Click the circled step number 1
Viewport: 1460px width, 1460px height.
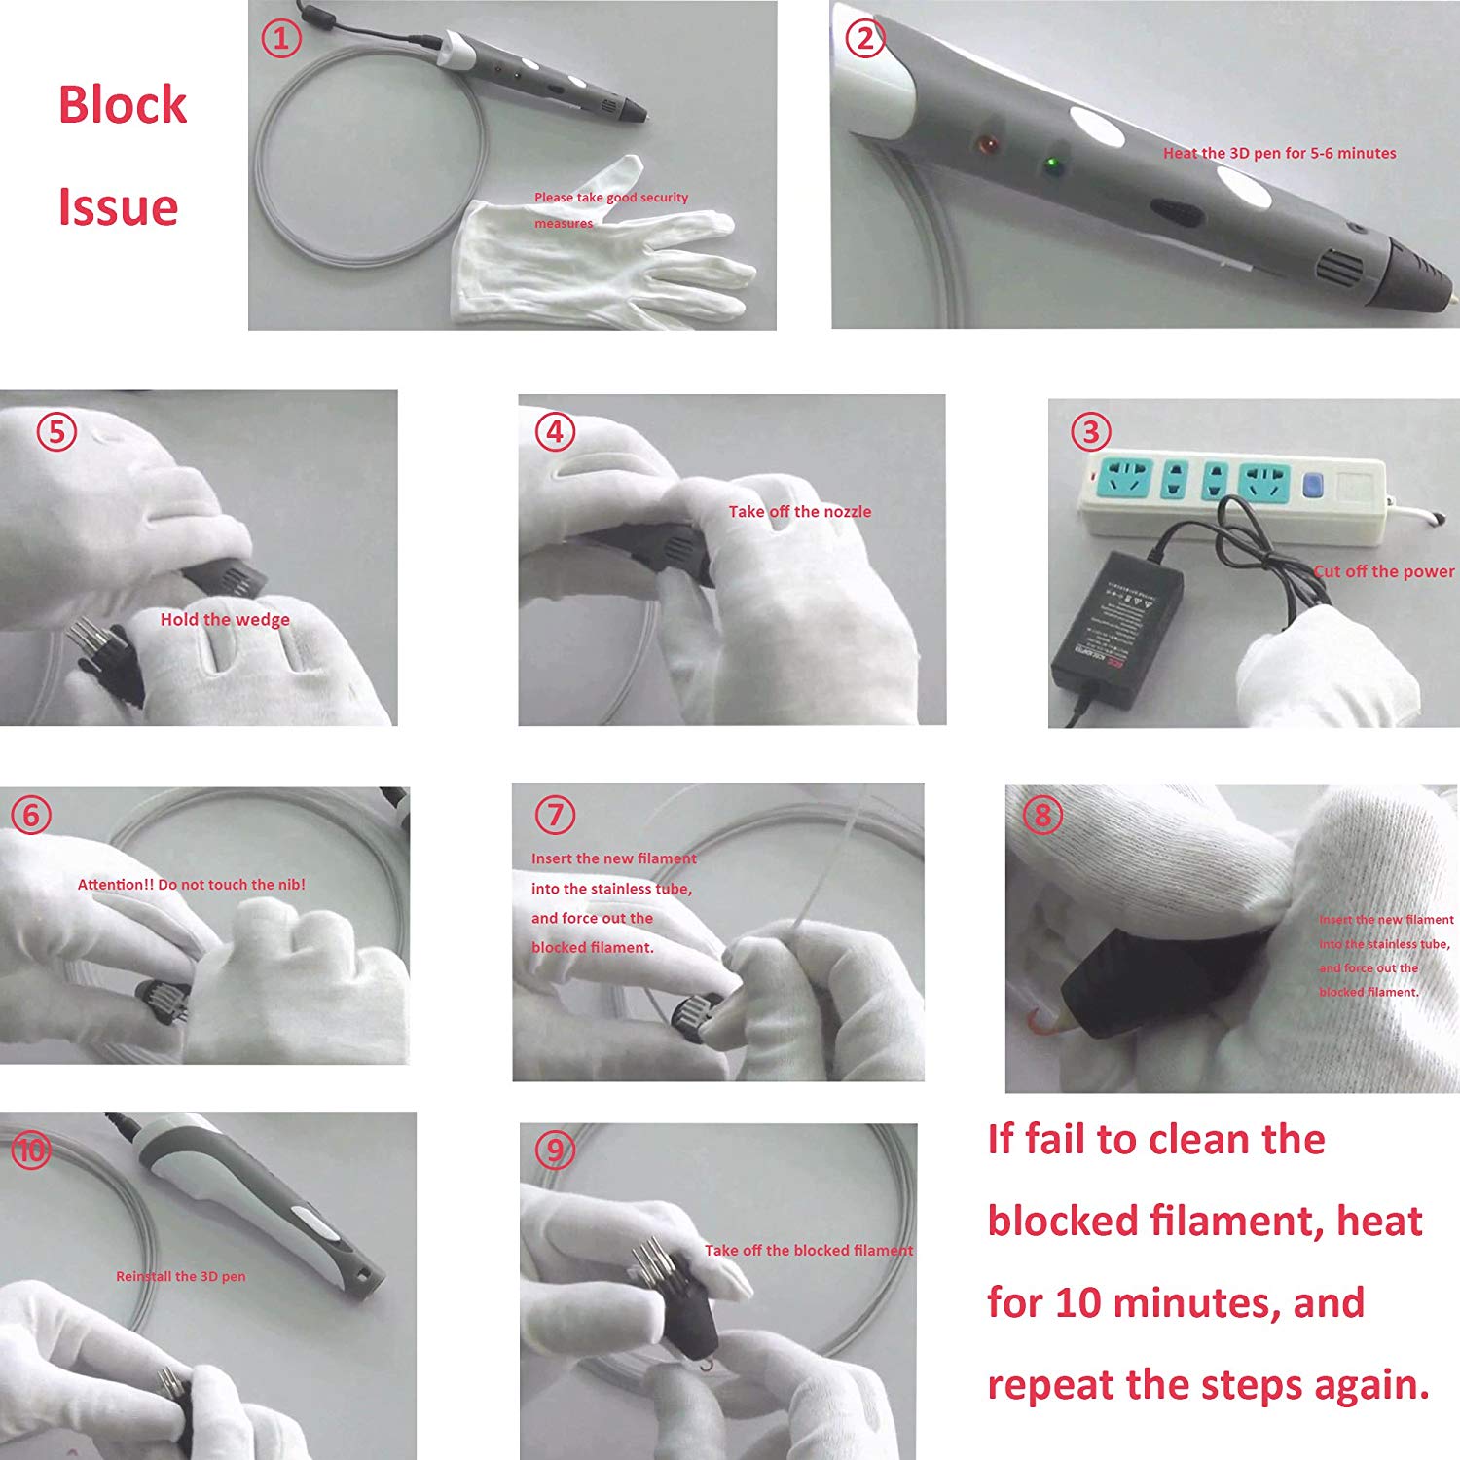pyautogui.click(x=281, y=39)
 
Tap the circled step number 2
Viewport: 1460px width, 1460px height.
pyautogui.click(x=865, y=39)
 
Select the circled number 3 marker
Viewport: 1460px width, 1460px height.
pyautogui.click(x=1090, y=431)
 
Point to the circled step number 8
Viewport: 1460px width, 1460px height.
pyautogui.click(x=1042, y=815)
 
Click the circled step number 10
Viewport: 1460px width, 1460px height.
pyautogui.click(x=31, y=1150)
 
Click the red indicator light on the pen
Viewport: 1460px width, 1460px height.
pyautogui.click(x=988, y=145)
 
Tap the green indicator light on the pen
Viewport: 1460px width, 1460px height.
pyautogui.click(x=1052, y=164)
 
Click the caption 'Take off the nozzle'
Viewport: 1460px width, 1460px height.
pyautogui.click(x=800, y=512)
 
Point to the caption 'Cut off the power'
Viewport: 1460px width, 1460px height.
pyautogui.click(x=1383, y=571)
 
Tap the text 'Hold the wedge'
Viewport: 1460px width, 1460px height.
pyautogui.click(x=225, y=620)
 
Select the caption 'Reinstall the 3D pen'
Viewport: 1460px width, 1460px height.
pyautogui.click(x=180, y=1276)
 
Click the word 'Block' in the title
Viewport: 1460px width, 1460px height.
pyautogui.click(x=122, y=105)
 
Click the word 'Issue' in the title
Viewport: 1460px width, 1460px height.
pyautogui.click(x=118, y=207)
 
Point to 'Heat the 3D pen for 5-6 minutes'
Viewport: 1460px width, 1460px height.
pyautogui.click(x=1279, y=153)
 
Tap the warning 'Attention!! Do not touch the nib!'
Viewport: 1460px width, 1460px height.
pyautogui.click(x=191, y=885)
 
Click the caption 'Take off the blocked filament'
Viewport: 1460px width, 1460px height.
pyautogui.click(x=809, y=1251)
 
